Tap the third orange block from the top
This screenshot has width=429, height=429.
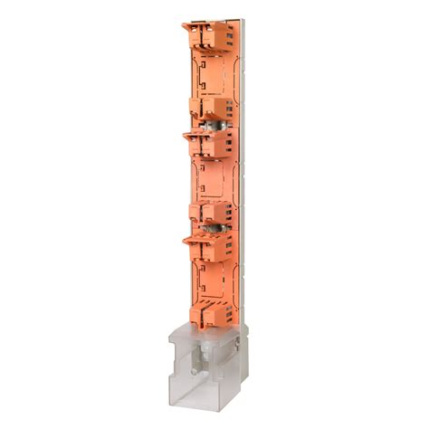pos(210,142)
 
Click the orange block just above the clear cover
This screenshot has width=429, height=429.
pos(215,313)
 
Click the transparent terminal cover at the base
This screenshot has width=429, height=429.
pos(206,367)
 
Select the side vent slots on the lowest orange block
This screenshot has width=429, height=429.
pos(232,313)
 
